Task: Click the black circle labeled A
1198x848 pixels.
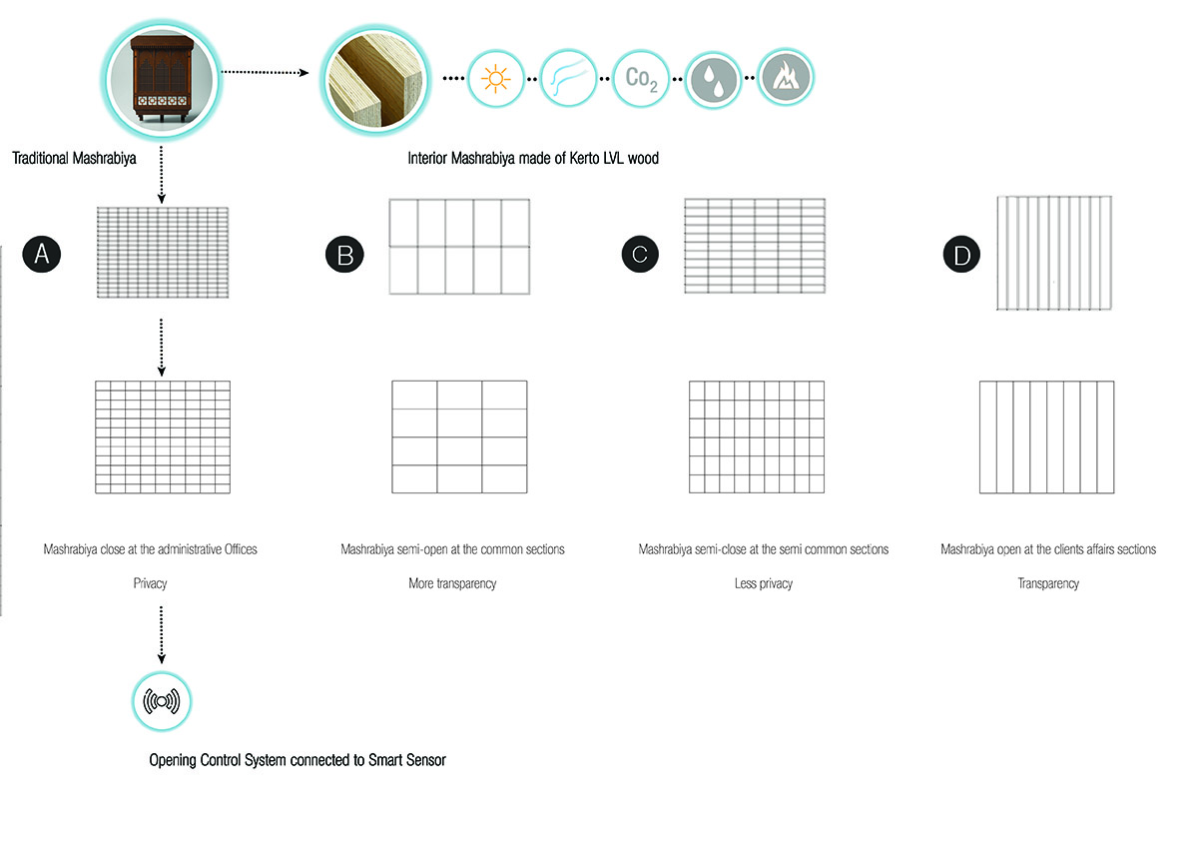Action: pyautogui.click(x=42, y=254)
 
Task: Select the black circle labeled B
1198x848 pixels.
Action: pyautogui.click(x=345, y=254)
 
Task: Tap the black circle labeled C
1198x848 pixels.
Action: pyautogui.click(x=640, y=254)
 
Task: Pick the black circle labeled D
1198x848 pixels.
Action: pyautogui.click(x=961, y=254)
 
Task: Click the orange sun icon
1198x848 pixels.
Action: pyautogui.click(x=495, y=79)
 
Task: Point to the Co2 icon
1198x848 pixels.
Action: pyautogui.click(x=641, y=79)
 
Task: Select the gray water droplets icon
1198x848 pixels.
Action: pyautogui.click(x=714, y=80)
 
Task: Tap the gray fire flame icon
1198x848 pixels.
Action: pyautogui.click(x=786, y=78)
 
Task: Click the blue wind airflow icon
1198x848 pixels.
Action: pyautogui.click(x=568, y=79)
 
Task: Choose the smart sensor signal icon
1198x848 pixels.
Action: pyautogui.click(x=162, y=701)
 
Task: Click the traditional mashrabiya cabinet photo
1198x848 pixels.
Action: pyautogui.click(x=162, y=80)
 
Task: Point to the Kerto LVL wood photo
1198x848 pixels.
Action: pyautogui.click(x=375, y=80)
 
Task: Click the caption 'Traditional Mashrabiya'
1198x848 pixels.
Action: pyautogui.click(x=74, y=159)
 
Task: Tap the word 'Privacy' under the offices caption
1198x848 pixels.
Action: pyautogui.click(x=151, y=583)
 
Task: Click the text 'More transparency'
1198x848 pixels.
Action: pyautogui.click(x=452, y=583)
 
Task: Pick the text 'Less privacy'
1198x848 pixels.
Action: pyautogui.click(x=764, y=583)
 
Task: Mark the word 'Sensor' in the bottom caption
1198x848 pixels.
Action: pyautogui.click(x=426, y=760)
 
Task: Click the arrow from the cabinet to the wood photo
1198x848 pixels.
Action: pyautogui.click(x=266, y=72)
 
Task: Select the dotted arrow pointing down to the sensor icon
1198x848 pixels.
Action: pyautogui.click(x=162, y=634)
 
